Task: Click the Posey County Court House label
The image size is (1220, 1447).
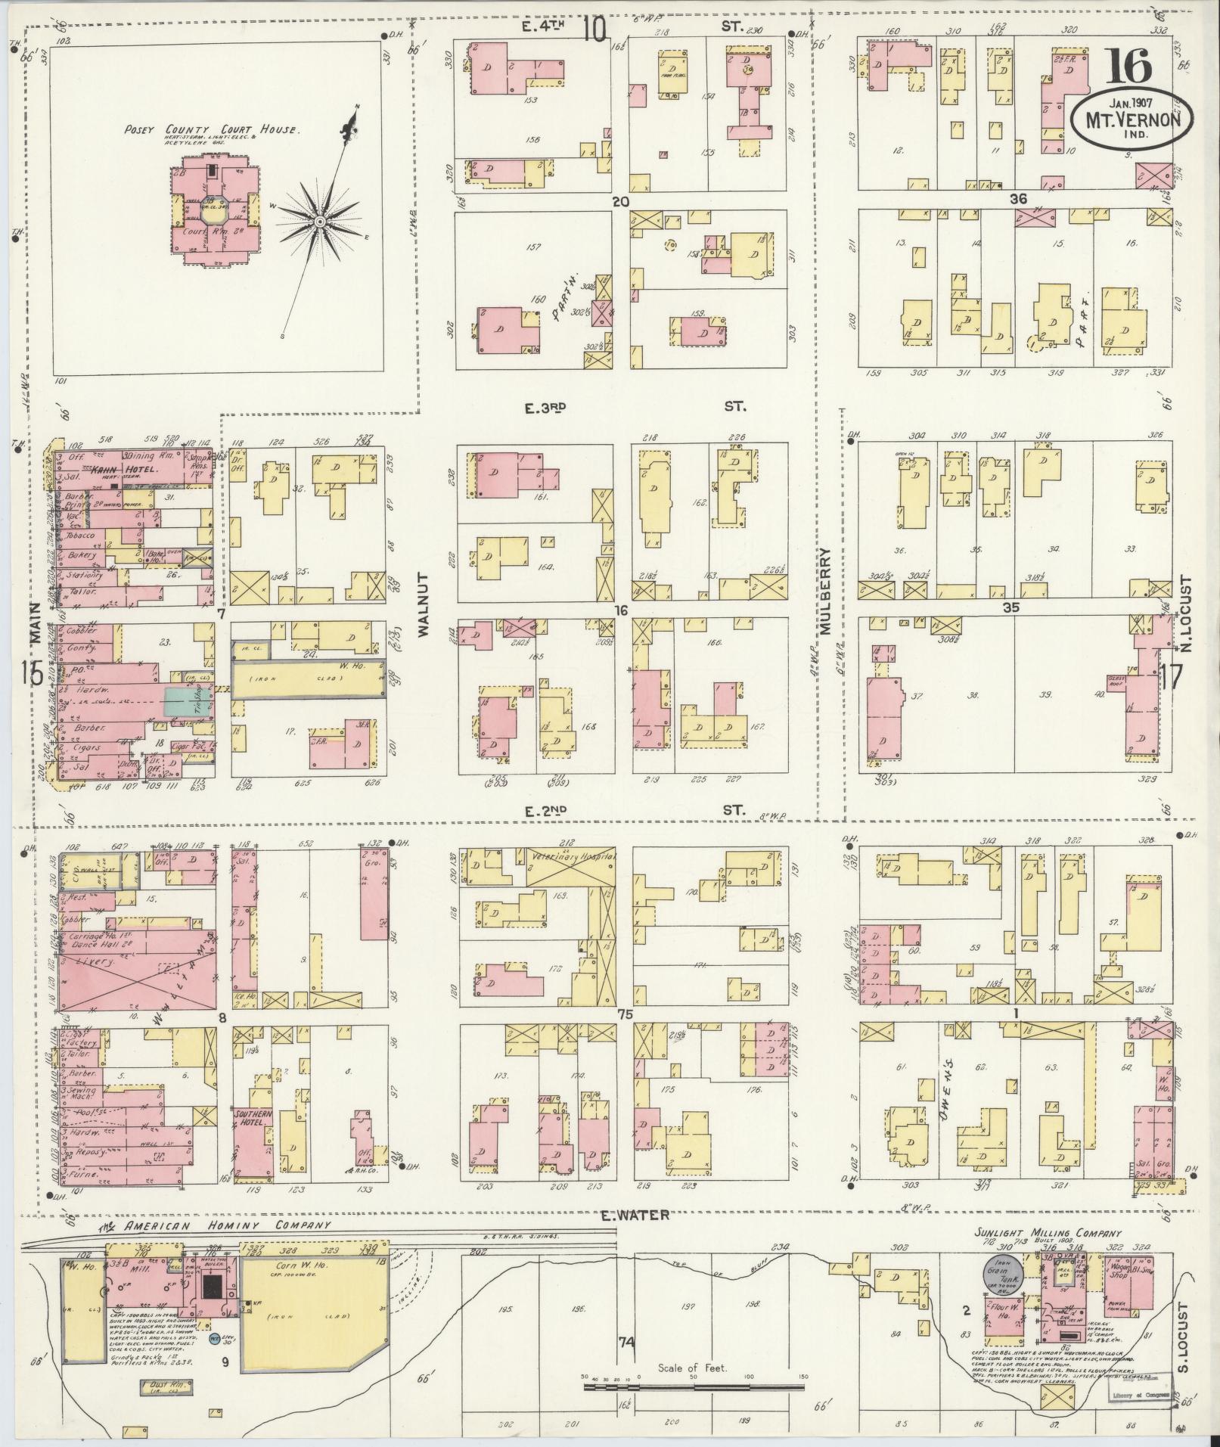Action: tap(213, 130)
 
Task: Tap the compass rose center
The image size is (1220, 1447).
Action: tap(320, 221)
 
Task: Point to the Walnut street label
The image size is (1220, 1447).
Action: tap(422, 607)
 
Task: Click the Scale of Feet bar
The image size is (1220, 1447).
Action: tap(694, 1386)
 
